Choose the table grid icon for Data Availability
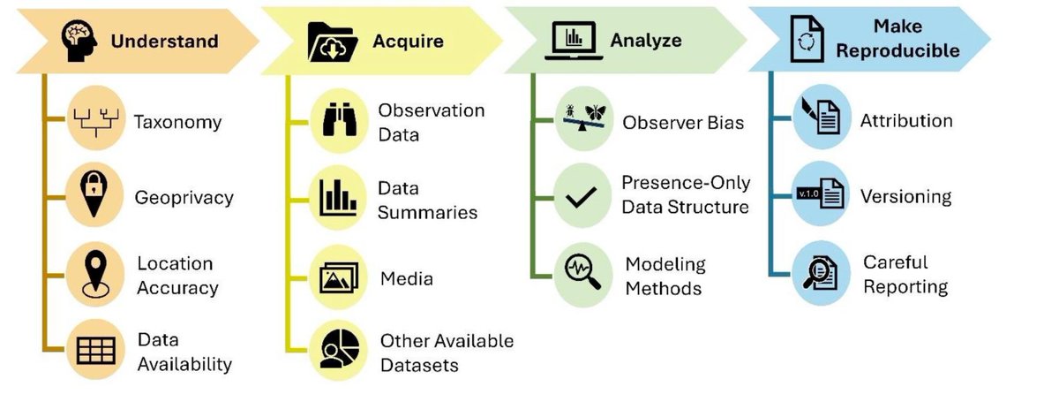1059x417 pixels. [95, 350]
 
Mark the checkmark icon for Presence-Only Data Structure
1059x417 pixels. [582, 196]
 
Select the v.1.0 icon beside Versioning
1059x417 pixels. [820, 196]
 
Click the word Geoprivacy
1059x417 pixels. [184, 198]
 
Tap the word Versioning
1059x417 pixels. [905, 196]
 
